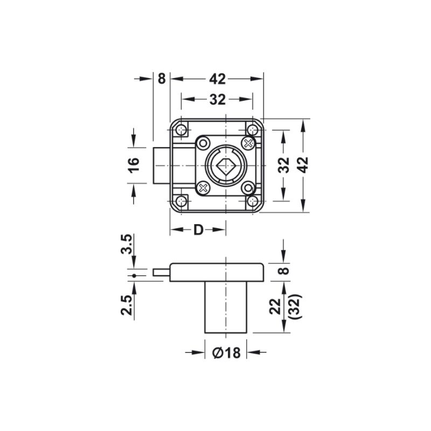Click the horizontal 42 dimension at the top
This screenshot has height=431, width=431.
tap(217, 79)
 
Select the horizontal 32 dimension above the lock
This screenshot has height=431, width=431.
tap(217, 100)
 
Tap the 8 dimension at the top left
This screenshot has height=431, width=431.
tap(161, 79)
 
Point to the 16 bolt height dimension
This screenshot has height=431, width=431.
tap(135, 165)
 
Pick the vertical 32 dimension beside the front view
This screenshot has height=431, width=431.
tap(284, 165)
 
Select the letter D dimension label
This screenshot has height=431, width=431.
tap(198, 230)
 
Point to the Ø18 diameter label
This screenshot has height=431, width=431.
tap(226, 353)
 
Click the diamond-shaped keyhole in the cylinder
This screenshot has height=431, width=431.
tap(226, 165)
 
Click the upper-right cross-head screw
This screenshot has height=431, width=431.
tap(248, 143)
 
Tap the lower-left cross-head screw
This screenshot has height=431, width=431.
tap(203, 188)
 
